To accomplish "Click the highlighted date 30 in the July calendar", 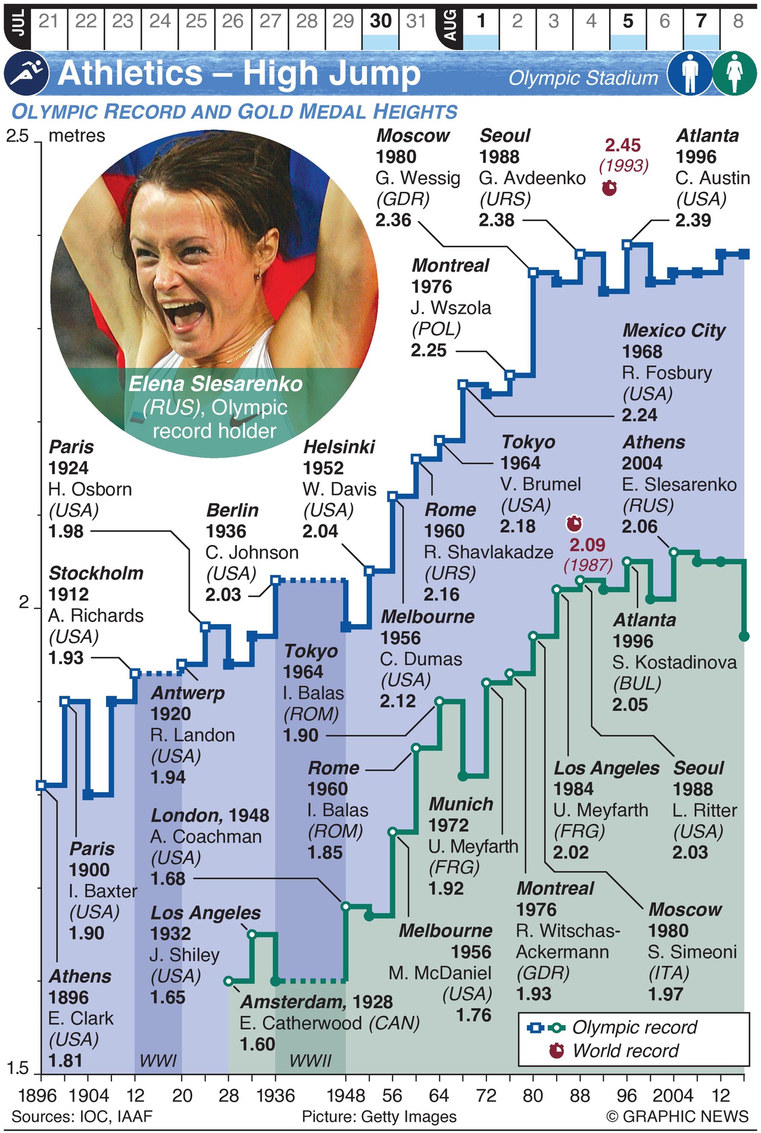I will click(x=381, y=22).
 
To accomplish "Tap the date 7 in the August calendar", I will click(x=701, y=22).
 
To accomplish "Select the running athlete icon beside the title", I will click(x=26, y=73).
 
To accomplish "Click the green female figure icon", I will click(x=735, y=73).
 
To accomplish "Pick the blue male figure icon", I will click(x=690, y=73).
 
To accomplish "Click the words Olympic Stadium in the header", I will click(x=583, y=78).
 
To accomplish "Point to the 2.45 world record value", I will click(x=623, y=145).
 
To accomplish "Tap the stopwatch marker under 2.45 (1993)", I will click(x=609, y=188).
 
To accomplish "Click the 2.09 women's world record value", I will click(x=587, y=544).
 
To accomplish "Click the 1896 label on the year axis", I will click(x=38, y=1095).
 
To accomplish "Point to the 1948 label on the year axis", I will click(x=346, y=1095).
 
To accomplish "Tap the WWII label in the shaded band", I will click(x=310, y=1060).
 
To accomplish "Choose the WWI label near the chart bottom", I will click(x=158, y=1060).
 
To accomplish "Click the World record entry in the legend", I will click(x=625, y=1050).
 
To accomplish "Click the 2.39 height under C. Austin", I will click(x=693, y=220).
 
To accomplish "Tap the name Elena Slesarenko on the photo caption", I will click(x=216, y=384).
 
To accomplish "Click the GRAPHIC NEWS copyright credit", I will click(x=677, y=1116).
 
